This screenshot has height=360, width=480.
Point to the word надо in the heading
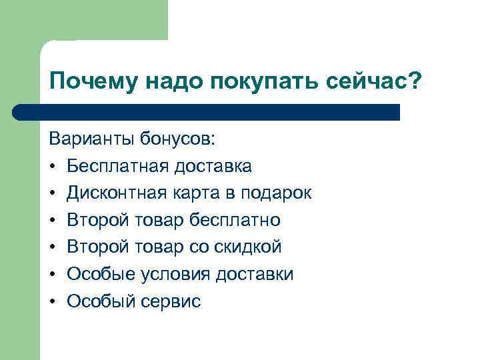171,83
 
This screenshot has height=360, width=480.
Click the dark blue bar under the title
207,112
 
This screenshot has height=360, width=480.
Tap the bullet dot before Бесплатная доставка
52,166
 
